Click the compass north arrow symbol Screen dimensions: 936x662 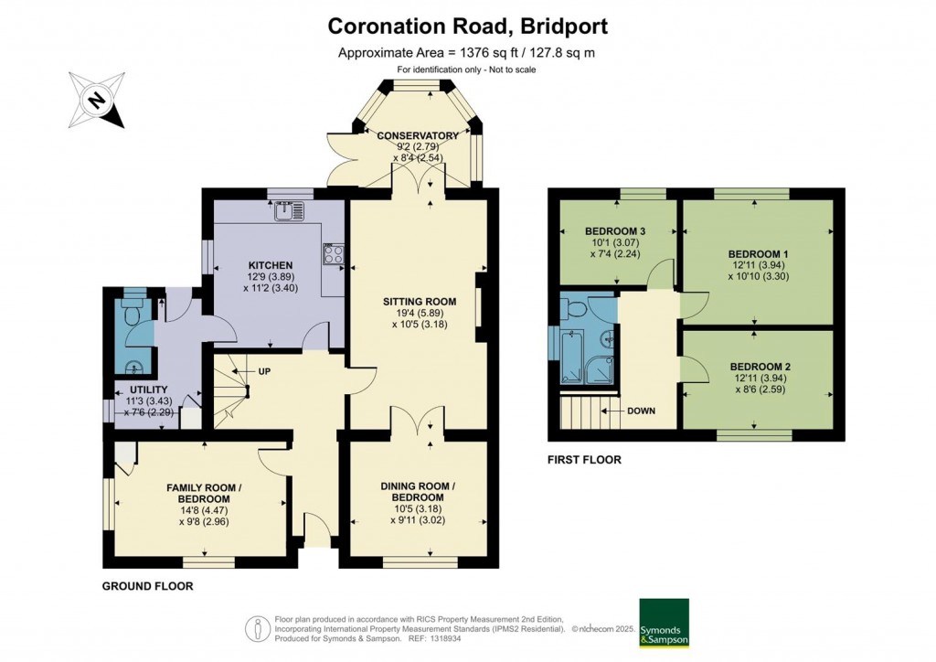point(97,100)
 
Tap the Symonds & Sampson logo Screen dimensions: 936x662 point(664,623)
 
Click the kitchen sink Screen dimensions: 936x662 point(290,210)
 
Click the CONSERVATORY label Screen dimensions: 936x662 point(418,135)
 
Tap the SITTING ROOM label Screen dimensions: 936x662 point(420,302)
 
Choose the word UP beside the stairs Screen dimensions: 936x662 point(264,371)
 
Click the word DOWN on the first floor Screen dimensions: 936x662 point(641,411)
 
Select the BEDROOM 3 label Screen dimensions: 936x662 point(615,231)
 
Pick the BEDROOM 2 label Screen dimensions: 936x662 point(760,367)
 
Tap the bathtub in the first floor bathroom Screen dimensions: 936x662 point(572,358)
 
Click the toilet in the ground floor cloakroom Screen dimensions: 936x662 point(130,308)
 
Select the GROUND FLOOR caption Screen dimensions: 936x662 point(147,586)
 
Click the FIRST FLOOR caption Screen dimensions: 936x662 point(584,460)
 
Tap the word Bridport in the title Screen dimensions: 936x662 point(564,27)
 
